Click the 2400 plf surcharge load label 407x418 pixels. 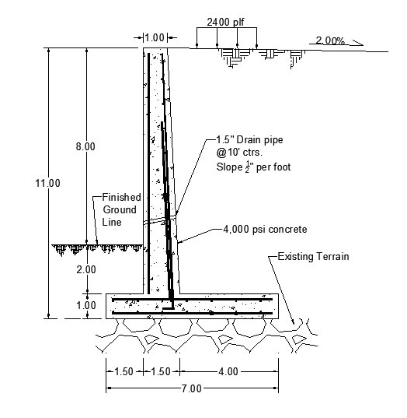click(225, 22)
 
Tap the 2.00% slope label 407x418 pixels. click(330, 40)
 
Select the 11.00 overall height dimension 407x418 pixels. click(48, 183)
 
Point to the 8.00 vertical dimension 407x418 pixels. click(85, 146)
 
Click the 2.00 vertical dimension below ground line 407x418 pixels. click(86, 269)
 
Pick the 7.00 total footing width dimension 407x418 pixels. click(192, 388)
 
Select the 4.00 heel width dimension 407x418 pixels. click(228, 371)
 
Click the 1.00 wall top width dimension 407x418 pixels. click(155, 37)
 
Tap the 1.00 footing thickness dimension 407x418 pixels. click(86, 305)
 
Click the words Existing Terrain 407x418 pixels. click(313, 256)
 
